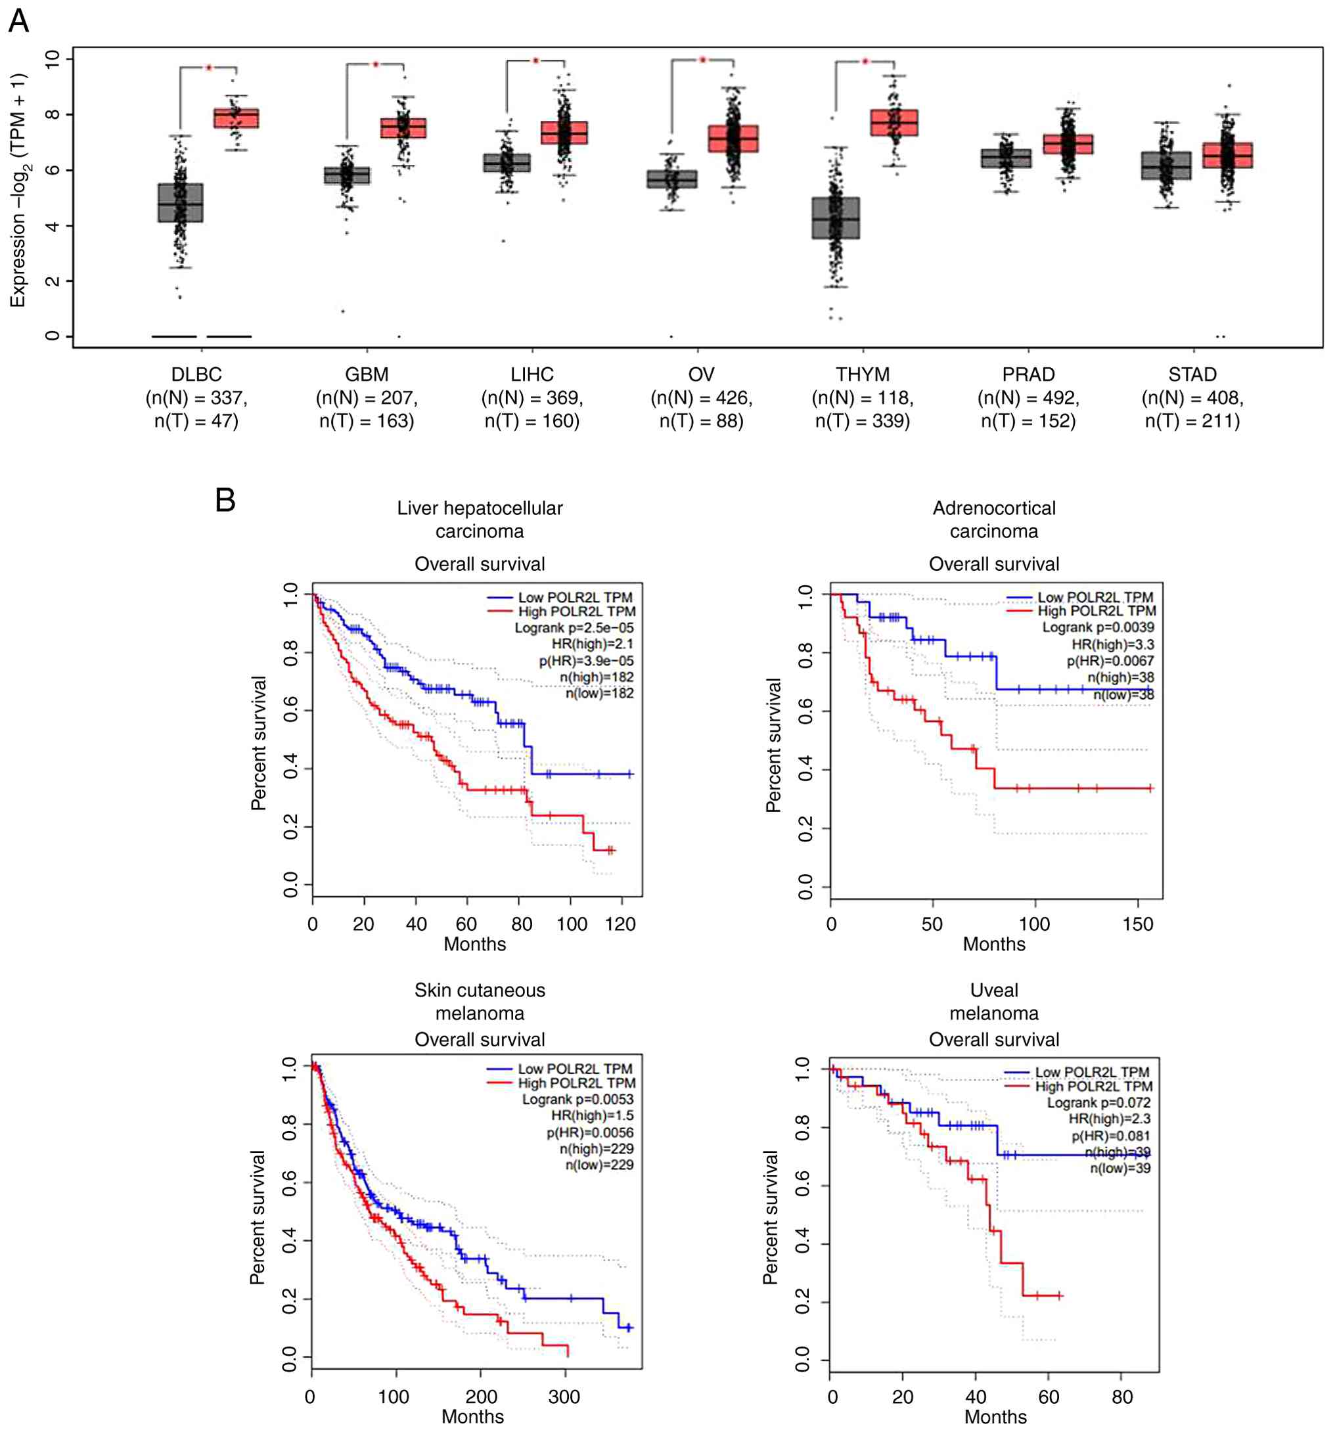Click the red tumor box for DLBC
[x=237, y=118]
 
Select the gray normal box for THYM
[x=835, y=217]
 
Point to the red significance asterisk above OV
[x=702, y=60]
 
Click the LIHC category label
[x=532, y=374]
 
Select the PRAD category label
[x=1028, y=374]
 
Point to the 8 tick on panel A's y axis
[x=52, y=114]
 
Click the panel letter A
[x=19, y=21]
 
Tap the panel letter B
[x=225, y=500]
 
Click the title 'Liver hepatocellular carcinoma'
[x=480, y=520]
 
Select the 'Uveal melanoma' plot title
[x=993, y=1001]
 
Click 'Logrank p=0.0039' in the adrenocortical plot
[x=1097, y=627]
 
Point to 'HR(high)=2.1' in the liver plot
[x=592, y=644]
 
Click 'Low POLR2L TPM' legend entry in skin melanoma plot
[x=574, y=1069]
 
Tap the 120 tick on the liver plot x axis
[x=620, y=924]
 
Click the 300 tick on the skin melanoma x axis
[x=564, y=1397]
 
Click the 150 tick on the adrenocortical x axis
[x=1138, y=924]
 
